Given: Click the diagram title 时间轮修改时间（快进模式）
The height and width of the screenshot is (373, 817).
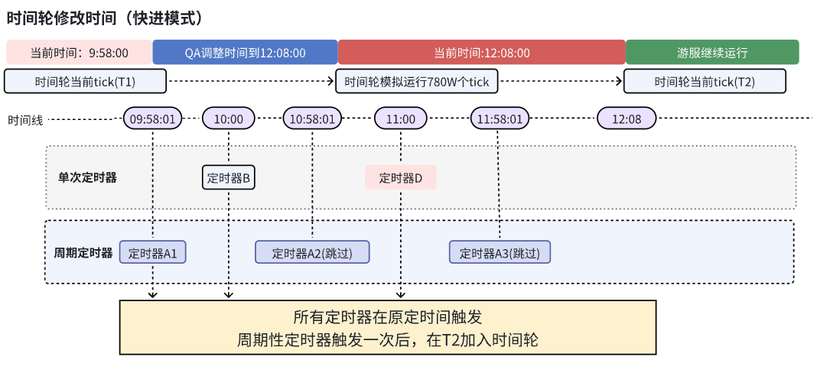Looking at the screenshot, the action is [104, 18].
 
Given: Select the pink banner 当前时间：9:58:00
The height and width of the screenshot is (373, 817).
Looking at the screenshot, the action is [80, 53].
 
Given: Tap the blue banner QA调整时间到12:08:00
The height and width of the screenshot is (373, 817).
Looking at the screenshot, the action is [245, 53].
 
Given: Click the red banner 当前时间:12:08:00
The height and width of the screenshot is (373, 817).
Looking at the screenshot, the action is [481, 53].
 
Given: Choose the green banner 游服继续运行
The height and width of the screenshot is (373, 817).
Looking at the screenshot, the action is [712, 53].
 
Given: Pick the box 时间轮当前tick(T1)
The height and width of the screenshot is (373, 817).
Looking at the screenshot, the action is [86, 81].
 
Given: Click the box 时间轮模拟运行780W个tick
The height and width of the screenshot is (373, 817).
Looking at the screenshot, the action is [416, 81].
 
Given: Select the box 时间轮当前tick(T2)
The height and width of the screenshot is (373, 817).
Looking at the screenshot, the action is [705, 81].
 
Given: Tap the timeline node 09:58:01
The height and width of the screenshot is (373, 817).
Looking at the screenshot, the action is [153, 118].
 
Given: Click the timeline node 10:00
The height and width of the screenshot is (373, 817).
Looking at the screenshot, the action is [229, 118].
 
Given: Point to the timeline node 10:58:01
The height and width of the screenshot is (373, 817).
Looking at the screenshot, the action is [312, 118].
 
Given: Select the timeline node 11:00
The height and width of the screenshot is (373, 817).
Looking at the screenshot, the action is [401, 118].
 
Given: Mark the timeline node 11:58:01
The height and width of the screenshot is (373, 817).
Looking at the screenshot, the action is [500, 118].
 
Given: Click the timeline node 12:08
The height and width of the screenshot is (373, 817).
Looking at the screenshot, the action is [627, 118].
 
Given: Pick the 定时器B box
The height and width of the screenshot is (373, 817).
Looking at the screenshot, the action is [229, 177].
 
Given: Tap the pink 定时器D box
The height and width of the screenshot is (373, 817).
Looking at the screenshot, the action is [401, 177].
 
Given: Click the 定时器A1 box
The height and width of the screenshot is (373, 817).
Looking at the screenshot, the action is [153, 252].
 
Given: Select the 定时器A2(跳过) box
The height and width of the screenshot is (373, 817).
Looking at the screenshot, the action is [312, 252].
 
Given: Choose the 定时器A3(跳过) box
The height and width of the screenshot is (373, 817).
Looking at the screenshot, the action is [500, 252].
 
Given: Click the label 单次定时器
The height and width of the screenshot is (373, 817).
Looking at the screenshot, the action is [87, 177].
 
